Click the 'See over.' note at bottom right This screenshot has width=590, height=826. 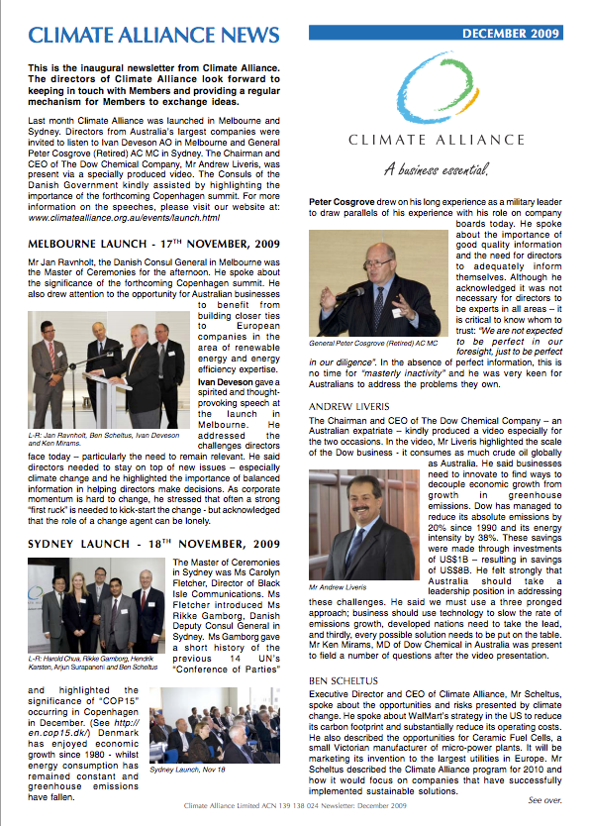tap(545, 798)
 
